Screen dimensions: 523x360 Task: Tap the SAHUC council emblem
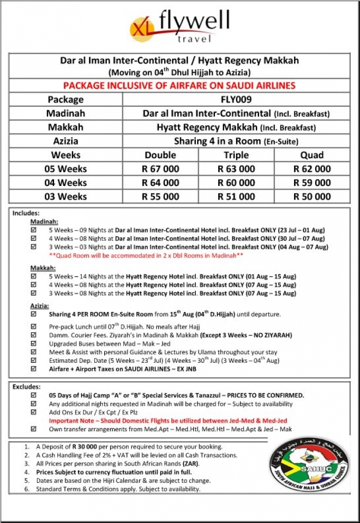(309, 466)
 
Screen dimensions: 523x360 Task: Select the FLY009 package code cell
(236, 99)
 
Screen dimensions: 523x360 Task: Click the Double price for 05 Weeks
(160, 169)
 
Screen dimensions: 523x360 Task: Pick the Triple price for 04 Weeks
(236, 183)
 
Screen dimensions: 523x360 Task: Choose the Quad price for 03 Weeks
(311, 196)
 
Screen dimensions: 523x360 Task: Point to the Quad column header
(311, 155)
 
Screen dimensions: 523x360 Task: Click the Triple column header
(236, 155)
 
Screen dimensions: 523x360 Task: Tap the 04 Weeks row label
(65, 183)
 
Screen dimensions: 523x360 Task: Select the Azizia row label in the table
(65, 141)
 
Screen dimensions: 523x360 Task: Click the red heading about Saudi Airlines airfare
(179, 86)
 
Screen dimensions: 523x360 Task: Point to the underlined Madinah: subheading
(43, 222)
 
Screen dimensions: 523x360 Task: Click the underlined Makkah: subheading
(43, 268)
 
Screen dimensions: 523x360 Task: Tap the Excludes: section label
(27, 387)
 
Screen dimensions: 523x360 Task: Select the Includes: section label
(26, 213)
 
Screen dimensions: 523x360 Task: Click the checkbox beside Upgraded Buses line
(34, 345)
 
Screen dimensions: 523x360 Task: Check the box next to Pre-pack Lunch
(34, 326)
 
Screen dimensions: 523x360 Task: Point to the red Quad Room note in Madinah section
(146, 255)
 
